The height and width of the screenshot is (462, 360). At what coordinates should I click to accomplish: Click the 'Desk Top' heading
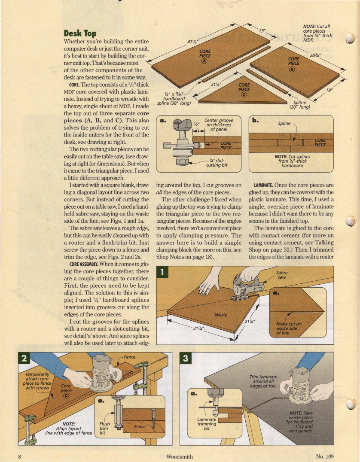(80, 33)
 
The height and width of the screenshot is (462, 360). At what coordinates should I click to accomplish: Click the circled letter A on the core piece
(205, 60)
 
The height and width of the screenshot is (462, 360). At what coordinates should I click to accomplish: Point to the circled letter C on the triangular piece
(244, 95)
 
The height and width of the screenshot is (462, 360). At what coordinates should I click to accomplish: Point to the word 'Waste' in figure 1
(221, 315)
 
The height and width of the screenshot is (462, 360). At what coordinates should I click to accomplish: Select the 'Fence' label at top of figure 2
(130, 357)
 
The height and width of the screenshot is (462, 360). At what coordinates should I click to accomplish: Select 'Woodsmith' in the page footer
(180, 456)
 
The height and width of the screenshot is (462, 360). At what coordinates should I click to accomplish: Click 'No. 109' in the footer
(324, 456)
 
